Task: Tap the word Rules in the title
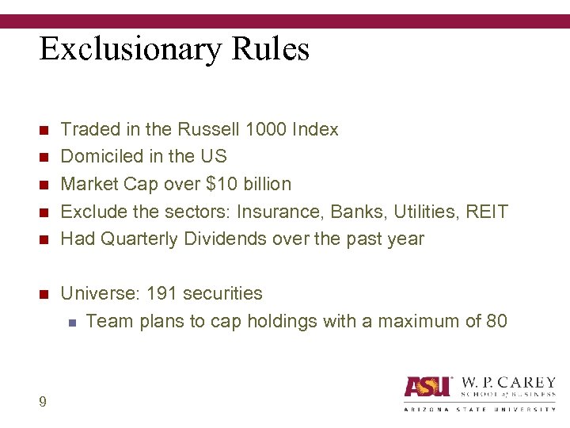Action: (271, 49)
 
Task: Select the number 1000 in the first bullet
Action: (265, 129)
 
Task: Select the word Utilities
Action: (420, 212)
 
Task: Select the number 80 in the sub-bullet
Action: (496, 321)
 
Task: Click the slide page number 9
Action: (43, 402)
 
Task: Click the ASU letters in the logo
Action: (427, 387)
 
